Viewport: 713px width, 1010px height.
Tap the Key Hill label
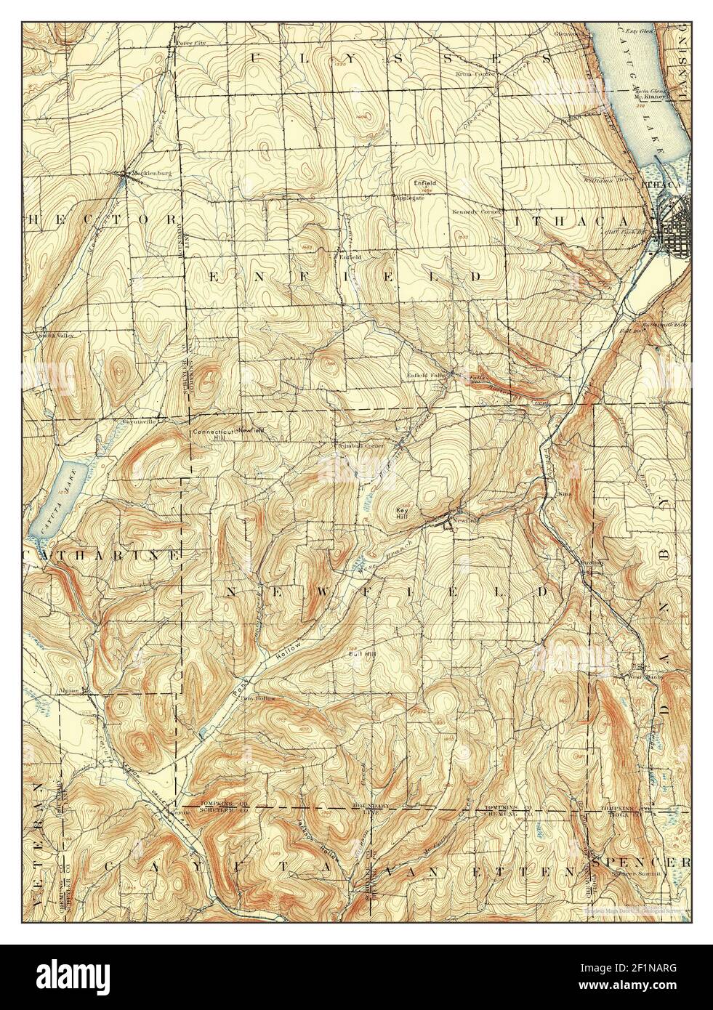point(402,513)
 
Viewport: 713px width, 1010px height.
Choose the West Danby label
point(631,677)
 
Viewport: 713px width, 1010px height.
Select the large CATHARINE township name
point(101,555)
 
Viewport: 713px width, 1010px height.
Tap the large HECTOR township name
point(101,219)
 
